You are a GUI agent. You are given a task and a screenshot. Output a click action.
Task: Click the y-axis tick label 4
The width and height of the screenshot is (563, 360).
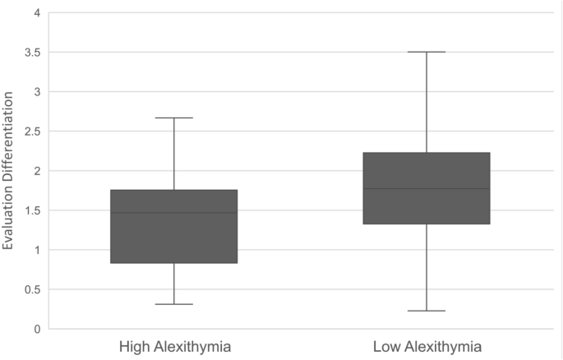[36, 13]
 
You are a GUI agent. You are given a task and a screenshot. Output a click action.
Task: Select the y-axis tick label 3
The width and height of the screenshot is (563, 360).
[36, 92]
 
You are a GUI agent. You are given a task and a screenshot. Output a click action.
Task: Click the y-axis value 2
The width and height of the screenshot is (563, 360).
[36, 171]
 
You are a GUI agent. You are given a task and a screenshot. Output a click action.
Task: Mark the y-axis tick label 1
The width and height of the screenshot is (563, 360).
[36, 250]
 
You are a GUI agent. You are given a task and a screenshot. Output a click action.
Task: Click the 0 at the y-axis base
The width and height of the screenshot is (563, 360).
[36, 329]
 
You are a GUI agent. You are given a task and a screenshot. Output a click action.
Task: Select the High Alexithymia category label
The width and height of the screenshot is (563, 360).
[174, 347]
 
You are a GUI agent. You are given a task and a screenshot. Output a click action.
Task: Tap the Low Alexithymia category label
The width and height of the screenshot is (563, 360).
[427, 347]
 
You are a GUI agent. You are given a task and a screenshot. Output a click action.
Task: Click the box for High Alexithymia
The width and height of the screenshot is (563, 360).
[174, 238]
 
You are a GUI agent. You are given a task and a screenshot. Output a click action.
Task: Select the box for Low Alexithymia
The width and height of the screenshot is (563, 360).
[427, 205]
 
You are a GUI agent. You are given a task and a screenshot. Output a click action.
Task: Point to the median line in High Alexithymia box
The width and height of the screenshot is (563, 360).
[174, 213]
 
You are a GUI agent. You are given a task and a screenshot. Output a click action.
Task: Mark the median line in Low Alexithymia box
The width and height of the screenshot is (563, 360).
[427, 189]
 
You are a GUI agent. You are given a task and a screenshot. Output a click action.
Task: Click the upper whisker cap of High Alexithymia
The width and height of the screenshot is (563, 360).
[174, 118]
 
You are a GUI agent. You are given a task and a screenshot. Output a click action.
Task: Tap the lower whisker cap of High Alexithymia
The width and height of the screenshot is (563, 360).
[174, 304]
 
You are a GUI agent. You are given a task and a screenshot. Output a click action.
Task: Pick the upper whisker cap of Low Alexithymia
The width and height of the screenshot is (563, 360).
[427, 52]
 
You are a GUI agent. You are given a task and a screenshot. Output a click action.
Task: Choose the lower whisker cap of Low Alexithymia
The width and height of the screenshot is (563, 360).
[427, 311]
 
